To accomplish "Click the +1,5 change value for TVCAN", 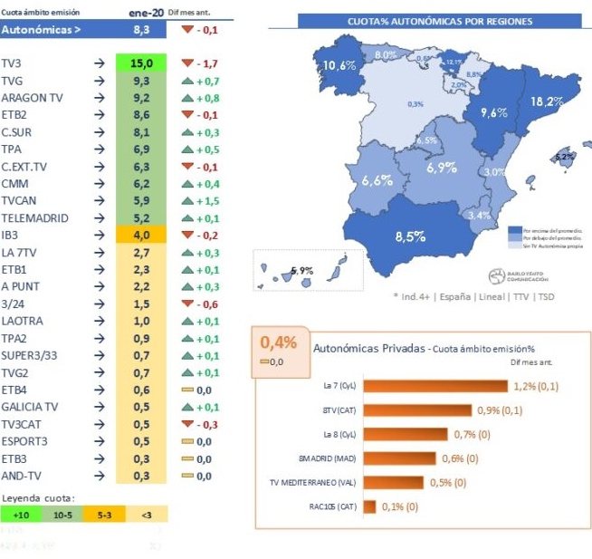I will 205,200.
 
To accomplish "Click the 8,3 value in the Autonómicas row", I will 142,30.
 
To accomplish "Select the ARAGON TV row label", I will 32,97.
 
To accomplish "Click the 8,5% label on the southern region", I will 411,237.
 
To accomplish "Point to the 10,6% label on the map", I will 339,65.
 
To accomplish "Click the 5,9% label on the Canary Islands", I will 302,270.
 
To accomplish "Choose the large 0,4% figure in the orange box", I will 279,342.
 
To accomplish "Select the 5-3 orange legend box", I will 103,514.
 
